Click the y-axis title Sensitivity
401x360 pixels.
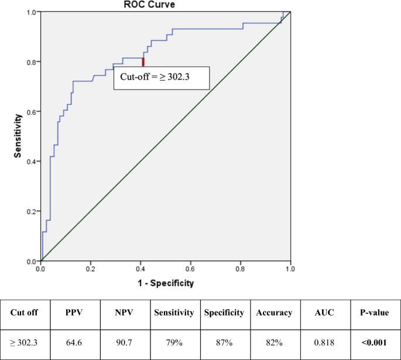pyautogui.click(x=18, y=137)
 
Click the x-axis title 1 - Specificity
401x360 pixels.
pyautogui.click(x=166, y=283)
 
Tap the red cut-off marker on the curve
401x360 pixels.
pyautogui.click(x=143, y=61)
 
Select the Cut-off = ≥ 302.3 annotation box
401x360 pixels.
pyautogui.click(x=161, y=77)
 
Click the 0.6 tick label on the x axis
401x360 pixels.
pyautogui.click(x=191, y=270)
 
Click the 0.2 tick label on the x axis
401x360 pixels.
pyautogui.click(x=91, y=270)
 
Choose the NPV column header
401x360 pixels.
pyautogui.click(x=124, y=313)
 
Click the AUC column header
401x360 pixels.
pyautogui.click(x=324, y=313)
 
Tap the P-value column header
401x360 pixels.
pyautogui.click(x=375, y=313)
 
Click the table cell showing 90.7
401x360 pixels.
pyautogui.click(x=124, y=342)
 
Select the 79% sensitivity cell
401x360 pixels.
pyautogui.click(x=174, y=342)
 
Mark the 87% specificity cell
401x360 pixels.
pyautogui.click(x=224, y=342)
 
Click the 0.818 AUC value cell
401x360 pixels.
pyautogui.click(x=324, y=342)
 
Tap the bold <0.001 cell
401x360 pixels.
pyautogui.click(x=375, y=342)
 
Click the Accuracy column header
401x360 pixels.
pyautogui.click(x=274, y=313)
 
